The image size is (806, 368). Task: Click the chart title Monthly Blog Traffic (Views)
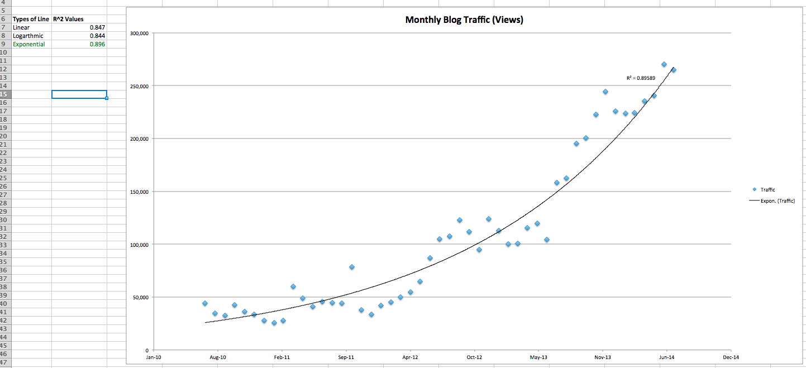pyautogui.click(x=464, y=20)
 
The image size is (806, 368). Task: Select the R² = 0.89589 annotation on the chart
pyautogui.click(x=641, y=78)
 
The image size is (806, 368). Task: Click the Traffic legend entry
pyautogui.click(x=767, y=190)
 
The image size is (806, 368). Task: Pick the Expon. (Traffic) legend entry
pyautogui.click(x=777, y=201)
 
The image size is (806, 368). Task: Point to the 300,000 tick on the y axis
pyautogui.click(x=139, y=34)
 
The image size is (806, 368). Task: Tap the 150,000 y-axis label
pyautogui.click(x=139, y=192)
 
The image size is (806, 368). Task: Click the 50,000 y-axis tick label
pyautogui.click(x=140, y=297)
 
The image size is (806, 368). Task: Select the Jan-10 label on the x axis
pyautogui.click(x=153, y=357)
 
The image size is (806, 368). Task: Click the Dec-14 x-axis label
pyautogui.click(x=731, y=357)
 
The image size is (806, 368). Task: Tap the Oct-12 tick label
pyautogui.click(x=474, y=357)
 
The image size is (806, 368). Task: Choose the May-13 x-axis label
pyautogui.click(x=538, y=357)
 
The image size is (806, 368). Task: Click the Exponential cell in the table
pyautogui.click(x=29, y=44)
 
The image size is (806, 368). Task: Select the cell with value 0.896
pyautogui.click(x=97, y=44)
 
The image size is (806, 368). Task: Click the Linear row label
pyautogui.click(x=21, y=27)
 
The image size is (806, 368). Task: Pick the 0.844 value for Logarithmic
pyautogui.click(x=97, y=36)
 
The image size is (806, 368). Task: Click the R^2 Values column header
pyautogui.click(x=68, y=19)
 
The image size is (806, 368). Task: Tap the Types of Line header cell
pyautogui.click(x=31, y=19)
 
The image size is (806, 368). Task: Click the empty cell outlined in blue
pyautogui.click(x=79, y=94)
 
